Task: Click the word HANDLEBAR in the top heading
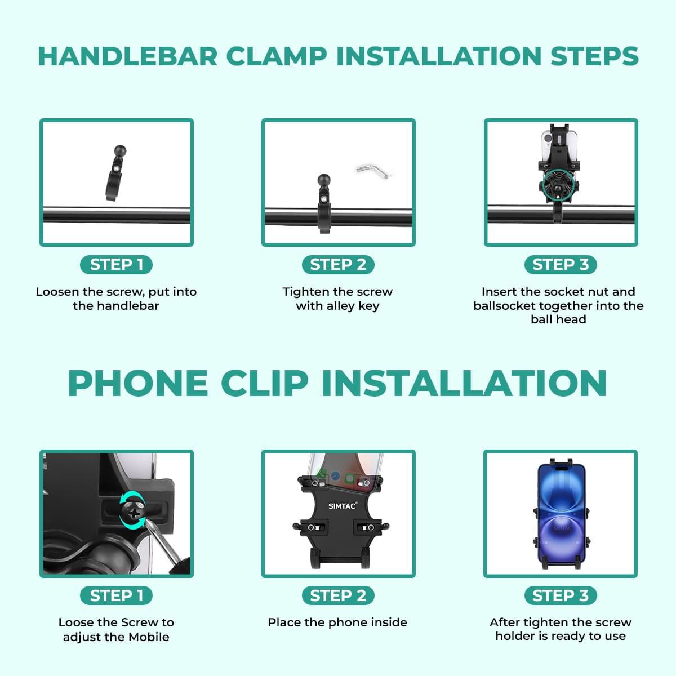coord(128,56)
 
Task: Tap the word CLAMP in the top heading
coord(277,56)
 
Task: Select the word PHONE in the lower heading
coord(138,383)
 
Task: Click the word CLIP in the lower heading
coord(265,383)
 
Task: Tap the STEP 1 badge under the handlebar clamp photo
coord(116,265)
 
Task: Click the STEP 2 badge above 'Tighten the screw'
coord(338,265)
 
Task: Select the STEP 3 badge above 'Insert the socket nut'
coord(561,265)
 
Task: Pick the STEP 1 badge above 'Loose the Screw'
coord(116,595)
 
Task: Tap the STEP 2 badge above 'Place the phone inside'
coord(338,595)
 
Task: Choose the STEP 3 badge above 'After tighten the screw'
coord(561,595)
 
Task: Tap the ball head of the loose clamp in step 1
coord(121,151)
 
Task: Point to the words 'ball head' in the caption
coord(558,319)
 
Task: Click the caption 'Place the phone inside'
coord(337,622)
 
